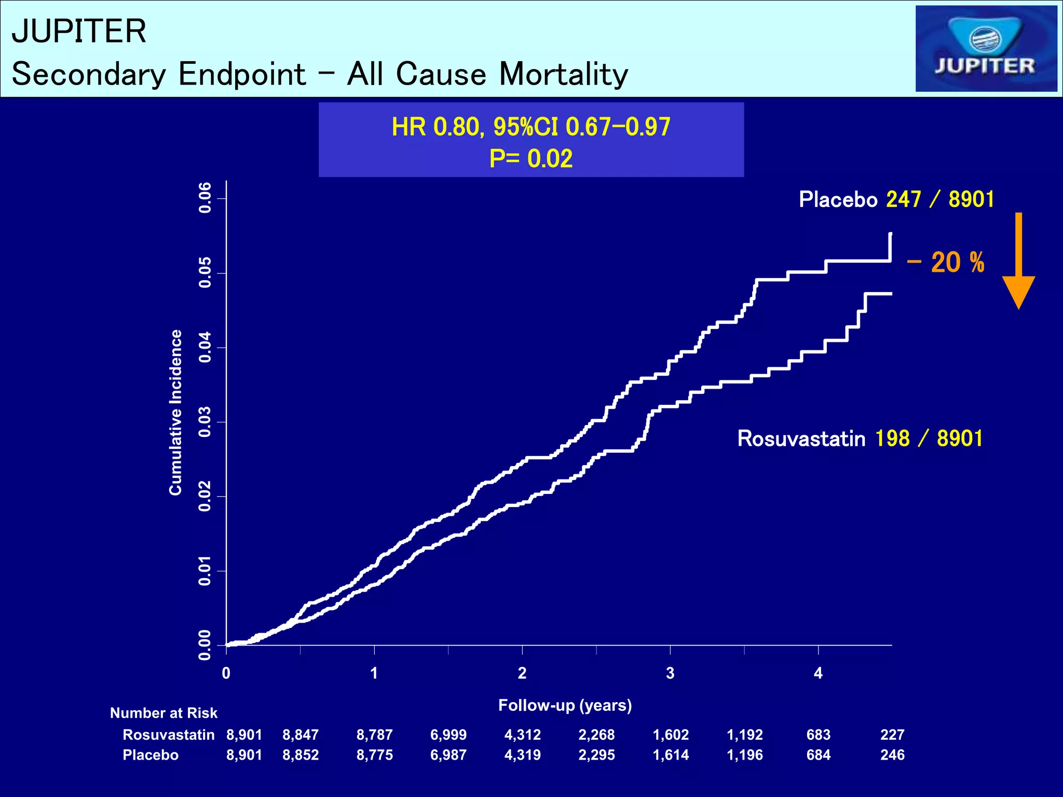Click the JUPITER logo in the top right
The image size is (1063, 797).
pyautogui.click(x=986, y=49)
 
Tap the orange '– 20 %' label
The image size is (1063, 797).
pyautogui.click(x=946, y=263)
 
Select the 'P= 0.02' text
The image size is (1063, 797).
pyautogui.click(x=530, y=158)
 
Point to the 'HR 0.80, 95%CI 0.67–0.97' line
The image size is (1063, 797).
pyautogui.click(x=530, y=127)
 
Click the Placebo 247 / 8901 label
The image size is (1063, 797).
pyautogui.click(x=896, y=199)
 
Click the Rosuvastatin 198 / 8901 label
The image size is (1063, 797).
pyautogui.click(x=860, y=438)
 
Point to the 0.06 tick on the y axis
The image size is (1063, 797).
pyautogui.click(x=205, y=198)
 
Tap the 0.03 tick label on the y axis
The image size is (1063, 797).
pyautogui.click(x=205, y=422)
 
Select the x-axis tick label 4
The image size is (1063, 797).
pyautogui.click(x=818, y=674)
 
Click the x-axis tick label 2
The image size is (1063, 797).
pyautogui.click(x=522, y=674)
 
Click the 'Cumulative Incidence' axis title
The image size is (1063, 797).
pyautogui.click(x=176, y=412)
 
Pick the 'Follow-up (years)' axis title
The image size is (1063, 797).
pyautogui.click(x=565, y=705)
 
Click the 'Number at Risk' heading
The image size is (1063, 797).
pyautogui.click(x=163, y=713)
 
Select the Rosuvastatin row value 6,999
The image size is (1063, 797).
pyautogui.click(x=448, y=735)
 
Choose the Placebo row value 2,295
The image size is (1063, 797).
pyautogui.click(x=596, y=755)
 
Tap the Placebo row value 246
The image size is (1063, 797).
pyautogui.click(x=892, y=755)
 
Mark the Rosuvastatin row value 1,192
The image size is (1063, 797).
pyautogui.click(x=744, y=735)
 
